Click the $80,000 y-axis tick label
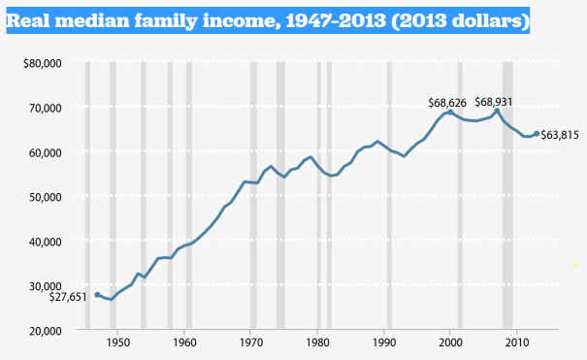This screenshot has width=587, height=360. tap(42, 64)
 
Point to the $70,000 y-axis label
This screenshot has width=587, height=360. tap(42, 108)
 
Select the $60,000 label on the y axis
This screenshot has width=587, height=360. tap(42, 152)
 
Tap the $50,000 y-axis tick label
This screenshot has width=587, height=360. tap(42, 197)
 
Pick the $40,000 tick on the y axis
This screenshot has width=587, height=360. tap(42, 242)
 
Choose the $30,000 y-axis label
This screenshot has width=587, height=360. tap(42, 285)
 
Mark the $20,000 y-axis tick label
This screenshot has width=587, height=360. tap(42, 330)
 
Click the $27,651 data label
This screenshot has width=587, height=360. tap(68, 296)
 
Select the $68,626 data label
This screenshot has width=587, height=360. tap(448, 101)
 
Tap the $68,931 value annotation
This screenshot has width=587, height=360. tap(497, 101)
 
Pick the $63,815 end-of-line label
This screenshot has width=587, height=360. tap(560, 135)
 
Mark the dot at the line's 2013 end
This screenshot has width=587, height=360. tap(537, 134)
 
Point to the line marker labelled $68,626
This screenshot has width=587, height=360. tap(451, 112)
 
